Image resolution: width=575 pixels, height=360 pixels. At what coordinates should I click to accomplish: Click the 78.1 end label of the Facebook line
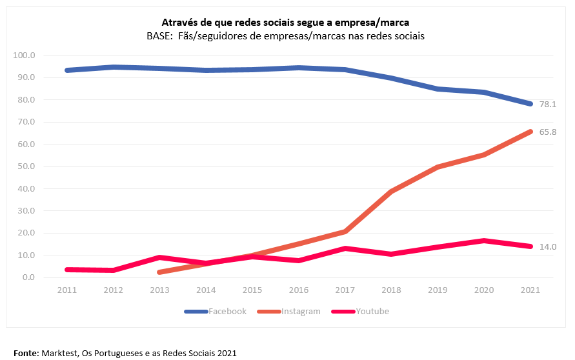coord(548,105)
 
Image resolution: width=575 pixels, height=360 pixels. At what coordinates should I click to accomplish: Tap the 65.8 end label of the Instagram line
coord(548,132)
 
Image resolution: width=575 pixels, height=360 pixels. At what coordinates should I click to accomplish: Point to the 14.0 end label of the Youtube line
coord(548,247)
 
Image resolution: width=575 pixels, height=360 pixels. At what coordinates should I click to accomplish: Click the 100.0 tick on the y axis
coord(24,55)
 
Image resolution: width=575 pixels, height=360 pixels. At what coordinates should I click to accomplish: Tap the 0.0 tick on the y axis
coord(28,277)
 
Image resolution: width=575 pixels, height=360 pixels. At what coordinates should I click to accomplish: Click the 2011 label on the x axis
coord(67,290)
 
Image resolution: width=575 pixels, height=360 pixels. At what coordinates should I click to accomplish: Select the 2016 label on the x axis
coord(299,290)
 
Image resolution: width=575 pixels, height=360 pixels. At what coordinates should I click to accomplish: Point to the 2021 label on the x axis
coord(530,290)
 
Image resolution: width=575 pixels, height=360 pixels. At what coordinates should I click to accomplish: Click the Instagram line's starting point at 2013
coord(160,272)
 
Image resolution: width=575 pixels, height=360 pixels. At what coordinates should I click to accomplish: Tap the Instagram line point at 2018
coord(392,192)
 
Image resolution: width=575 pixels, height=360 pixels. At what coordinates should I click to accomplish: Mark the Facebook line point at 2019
coord(438,89)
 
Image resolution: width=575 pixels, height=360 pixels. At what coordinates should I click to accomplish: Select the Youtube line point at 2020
coord(484,241)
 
